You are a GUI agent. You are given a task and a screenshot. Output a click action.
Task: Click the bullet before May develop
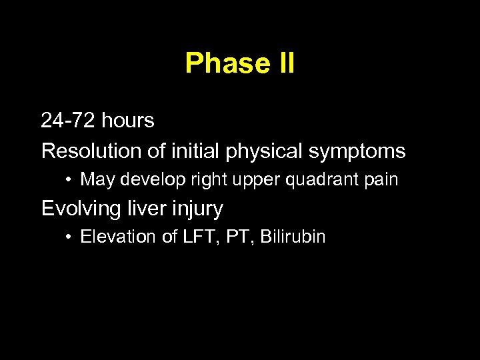70,180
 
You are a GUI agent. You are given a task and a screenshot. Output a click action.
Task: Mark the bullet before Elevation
70,237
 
